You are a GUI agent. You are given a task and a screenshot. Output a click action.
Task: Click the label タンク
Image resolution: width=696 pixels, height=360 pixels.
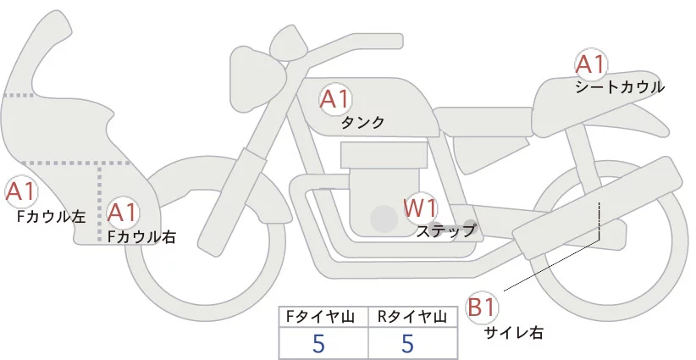pos(362,123)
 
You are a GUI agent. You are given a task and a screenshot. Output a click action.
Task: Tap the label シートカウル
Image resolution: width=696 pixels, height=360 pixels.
pos(620,87)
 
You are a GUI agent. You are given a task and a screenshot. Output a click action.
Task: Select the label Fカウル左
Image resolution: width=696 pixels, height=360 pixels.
pos(52,217)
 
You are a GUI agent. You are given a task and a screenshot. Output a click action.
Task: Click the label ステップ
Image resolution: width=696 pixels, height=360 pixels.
pos(446,230)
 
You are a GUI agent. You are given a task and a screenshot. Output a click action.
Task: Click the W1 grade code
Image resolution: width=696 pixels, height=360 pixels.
pos(419,207)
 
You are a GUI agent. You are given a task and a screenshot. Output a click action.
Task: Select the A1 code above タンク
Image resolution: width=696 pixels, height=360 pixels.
pos(335,99)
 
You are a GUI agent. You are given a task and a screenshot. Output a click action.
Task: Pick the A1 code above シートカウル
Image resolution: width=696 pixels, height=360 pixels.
pos(590,64)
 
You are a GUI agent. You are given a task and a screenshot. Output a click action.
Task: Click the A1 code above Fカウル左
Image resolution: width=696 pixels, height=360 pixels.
pos(20,191)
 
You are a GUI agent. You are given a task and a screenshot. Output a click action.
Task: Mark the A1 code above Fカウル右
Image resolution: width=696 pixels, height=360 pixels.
pos(122,212)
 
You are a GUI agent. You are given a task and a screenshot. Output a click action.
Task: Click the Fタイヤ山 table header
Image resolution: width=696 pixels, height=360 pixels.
pos(323,317)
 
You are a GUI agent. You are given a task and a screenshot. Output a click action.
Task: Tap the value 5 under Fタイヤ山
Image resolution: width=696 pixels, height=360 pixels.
pos(318,343)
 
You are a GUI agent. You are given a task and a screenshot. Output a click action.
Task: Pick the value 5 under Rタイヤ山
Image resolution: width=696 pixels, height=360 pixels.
pos(407,343)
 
